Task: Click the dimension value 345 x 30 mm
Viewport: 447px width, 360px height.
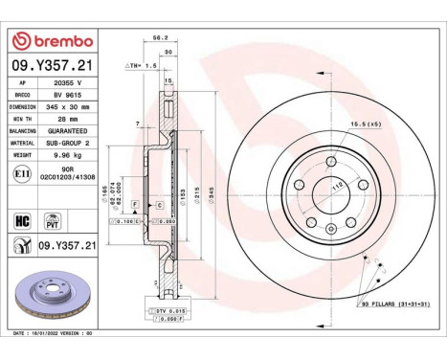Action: pyautogui.click(x=68, y=108)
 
